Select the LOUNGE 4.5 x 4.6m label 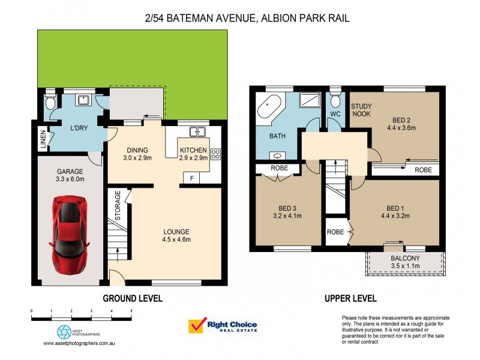[x=176, y=235]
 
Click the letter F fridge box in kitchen [x=191, y=178]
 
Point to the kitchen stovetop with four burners [x=215, y=154]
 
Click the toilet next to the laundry [x=50, y=104]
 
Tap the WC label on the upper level [x=335, y=113]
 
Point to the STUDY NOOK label [x=361, y=110]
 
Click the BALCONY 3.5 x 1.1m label [x=405, y=262]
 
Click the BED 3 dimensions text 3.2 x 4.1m [x=287, y=215]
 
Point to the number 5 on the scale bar [x=131, y=311]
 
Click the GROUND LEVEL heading [x=133, y=298]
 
